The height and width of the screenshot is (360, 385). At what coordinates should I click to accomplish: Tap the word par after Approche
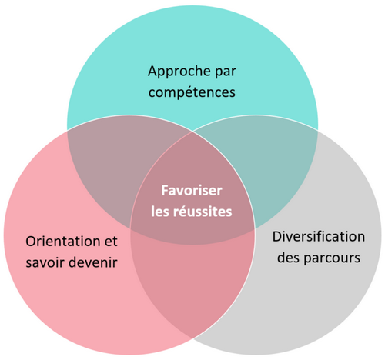pyautogui.click(x=226, y=72)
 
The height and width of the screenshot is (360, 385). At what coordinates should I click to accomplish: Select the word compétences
pyautogui.click(x=192, y=92)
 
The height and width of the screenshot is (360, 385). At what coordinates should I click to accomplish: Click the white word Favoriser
pyautogui.click(x=192, y=191)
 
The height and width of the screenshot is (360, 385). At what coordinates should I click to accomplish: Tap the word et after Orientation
pyautogui.click(x=111, y=242)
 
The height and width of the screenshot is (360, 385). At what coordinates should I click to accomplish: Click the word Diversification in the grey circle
pyautogui.click(x=319, y=236)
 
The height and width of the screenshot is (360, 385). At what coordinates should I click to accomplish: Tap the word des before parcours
pyautogui.click(x=289, y=258)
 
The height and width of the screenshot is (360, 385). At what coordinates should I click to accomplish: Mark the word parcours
pyautogui.click(x=332, y=258)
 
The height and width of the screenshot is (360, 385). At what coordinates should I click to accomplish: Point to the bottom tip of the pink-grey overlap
pyautogui.click(x=192, y=338)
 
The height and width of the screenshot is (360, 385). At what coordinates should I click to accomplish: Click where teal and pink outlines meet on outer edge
pyautogui.click(x=67, y=130)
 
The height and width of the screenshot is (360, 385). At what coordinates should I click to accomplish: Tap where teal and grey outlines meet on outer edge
pyautogui.click(x=318, y=130)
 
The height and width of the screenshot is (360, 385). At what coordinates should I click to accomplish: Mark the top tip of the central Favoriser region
pyautogui.click(x=192, y=132)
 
